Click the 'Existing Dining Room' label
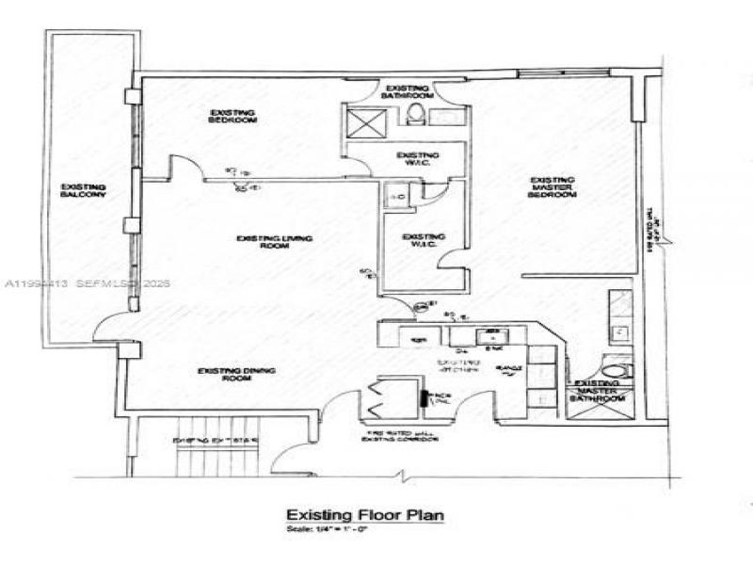(237, 374)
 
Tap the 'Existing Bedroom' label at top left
(232, 117)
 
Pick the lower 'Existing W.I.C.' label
(424, 241)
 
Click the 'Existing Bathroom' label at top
(408, 91)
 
